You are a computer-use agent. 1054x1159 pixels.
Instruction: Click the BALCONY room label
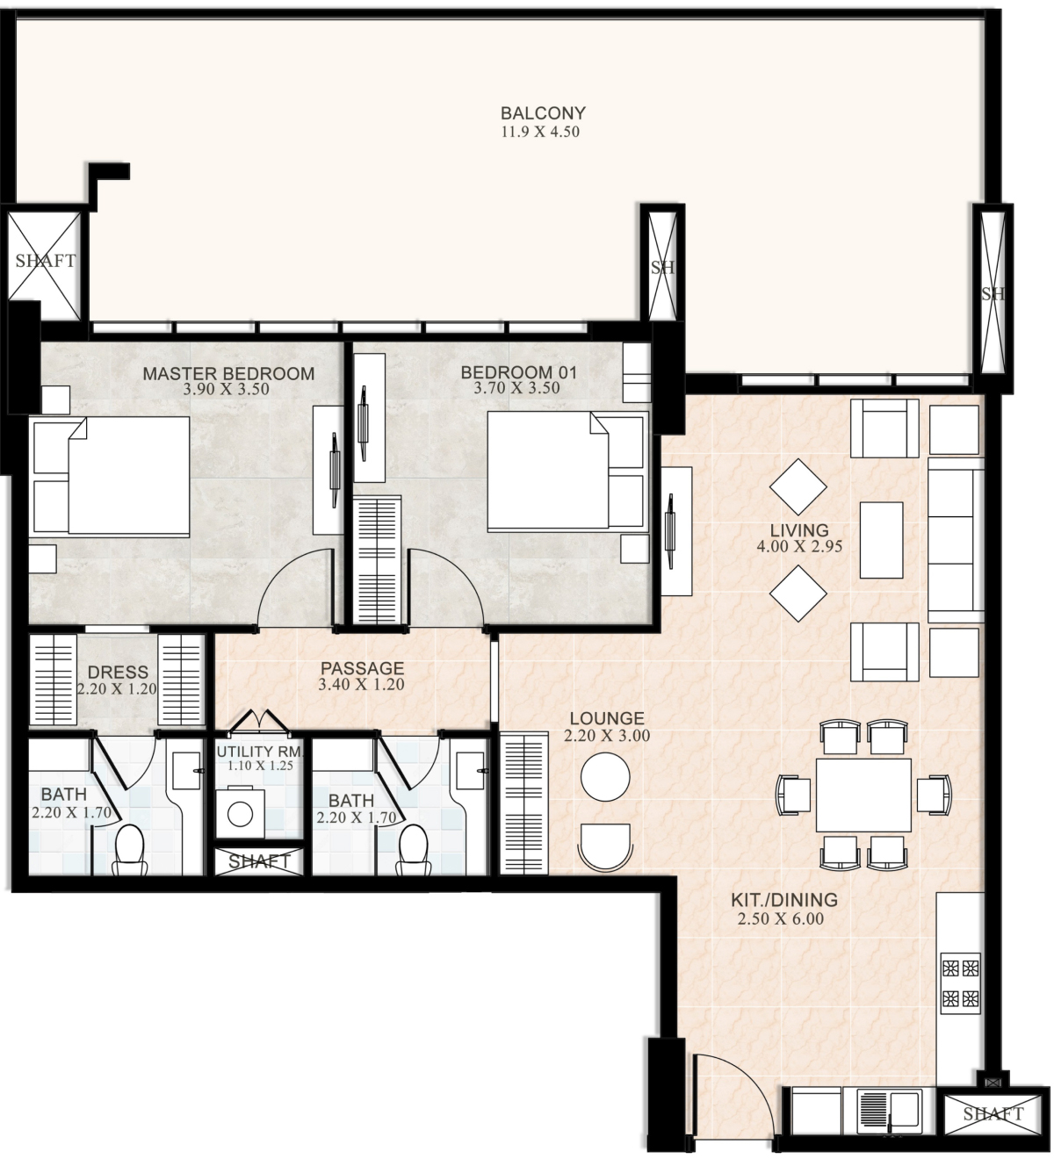[542, 112]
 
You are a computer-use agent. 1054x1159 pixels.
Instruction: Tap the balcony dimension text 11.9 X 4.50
[540, 132]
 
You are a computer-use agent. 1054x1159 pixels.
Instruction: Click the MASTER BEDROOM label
[228, 373]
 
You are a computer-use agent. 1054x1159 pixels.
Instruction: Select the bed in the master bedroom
[112, 475]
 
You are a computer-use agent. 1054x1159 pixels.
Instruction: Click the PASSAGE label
[362, 668]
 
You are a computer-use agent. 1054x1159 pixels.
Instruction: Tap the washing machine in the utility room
[240, 813]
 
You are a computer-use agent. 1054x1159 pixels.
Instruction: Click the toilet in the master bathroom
[129, 850]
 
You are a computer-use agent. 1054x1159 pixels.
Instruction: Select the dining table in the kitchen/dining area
[863, 795]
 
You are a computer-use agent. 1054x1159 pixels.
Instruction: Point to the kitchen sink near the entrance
[889, 1111]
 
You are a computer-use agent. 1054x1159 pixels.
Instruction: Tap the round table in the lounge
[605, 777]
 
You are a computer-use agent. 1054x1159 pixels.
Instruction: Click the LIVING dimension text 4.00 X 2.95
[799, 546]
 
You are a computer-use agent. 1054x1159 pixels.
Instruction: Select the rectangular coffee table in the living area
[881, 540]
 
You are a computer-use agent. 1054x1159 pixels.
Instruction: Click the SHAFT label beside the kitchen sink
[993, 1114]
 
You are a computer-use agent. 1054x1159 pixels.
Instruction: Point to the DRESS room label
[118, 672]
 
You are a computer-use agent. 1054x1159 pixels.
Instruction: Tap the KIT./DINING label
[784, 900]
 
